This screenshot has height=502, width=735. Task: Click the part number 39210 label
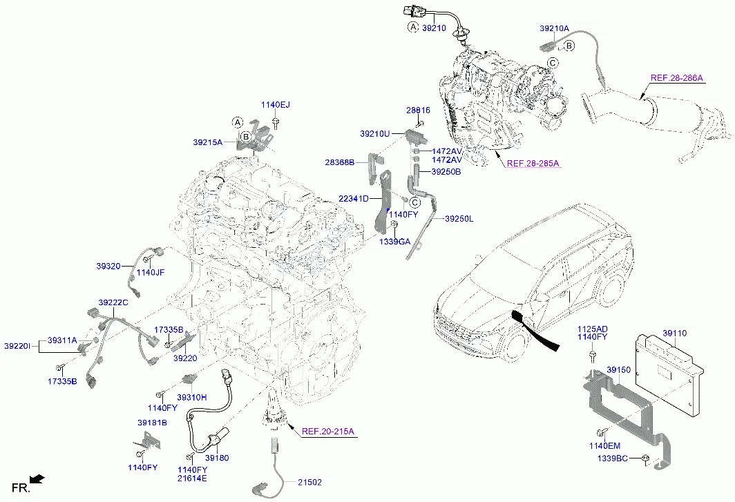click(x=434, y=28)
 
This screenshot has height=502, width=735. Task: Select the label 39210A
click(x=554, y=29)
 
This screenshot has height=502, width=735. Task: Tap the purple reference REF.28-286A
click(x=676, y=77)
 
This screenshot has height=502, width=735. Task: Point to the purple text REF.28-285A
click(x=533, y=164)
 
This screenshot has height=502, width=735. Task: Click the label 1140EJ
click(x=275, y=105)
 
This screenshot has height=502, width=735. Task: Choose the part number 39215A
click(x=207, y=142)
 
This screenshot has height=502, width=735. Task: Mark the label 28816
click(x=418, y=110)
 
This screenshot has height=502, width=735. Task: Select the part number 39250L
click(x=459, y=219)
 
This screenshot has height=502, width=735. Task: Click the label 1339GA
click(x=394, y=242)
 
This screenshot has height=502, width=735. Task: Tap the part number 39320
click(x=108, y=265)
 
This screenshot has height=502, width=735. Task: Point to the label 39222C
click(x=113, y=302)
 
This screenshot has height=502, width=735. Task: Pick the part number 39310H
click(x=191, y=397)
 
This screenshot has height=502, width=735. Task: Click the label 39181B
click(x=152, y=423)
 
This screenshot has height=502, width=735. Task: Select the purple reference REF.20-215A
click(x=327, y=432)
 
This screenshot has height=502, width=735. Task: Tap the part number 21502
click(x=310, y=482)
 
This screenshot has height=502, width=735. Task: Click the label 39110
click(x=675, y=333)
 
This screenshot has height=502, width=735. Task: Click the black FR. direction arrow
click(x=38, y=479)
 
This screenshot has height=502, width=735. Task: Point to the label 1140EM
click(x=604, y=445)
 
